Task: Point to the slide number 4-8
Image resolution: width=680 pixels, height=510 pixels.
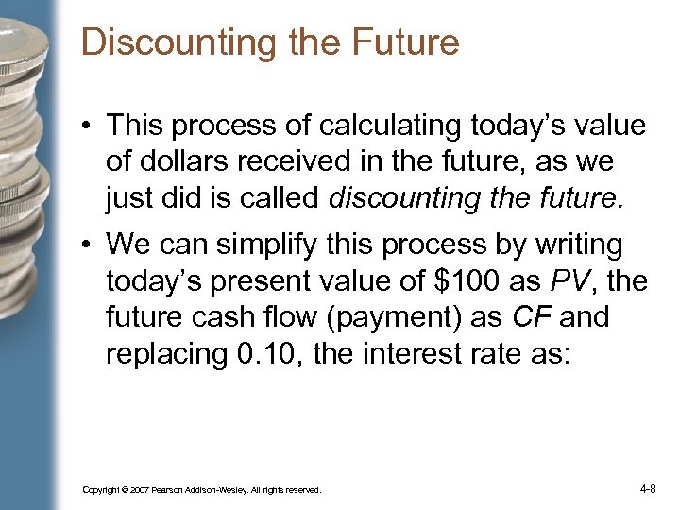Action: coord(648,489)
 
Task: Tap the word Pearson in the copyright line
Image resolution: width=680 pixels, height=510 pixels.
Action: coord(174,491)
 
